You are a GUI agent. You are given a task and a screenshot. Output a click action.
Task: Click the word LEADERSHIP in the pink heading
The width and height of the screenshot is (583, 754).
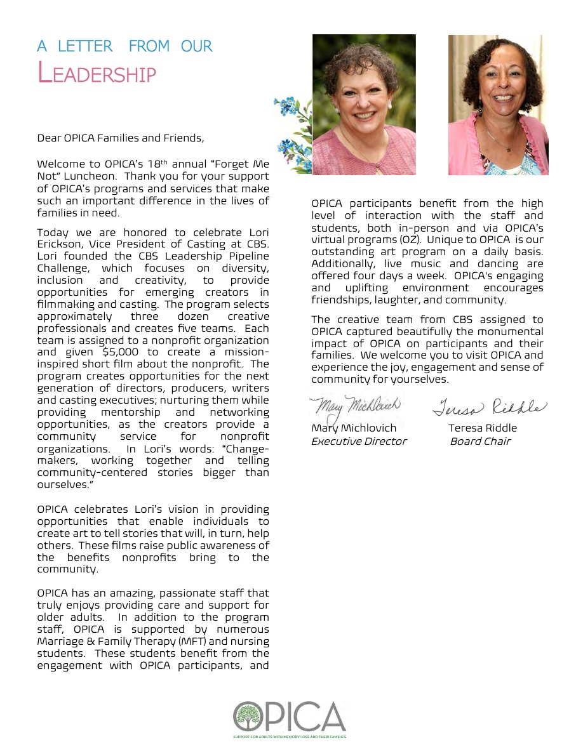pyautogui.click(x=97, y=73)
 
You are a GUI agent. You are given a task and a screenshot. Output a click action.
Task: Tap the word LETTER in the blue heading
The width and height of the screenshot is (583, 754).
pyautogui.click(x=85, y=46)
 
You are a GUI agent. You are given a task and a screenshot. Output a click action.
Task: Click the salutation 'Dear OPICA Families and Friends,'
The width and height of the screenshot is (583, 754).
pyautogui.click(x=121, y=137)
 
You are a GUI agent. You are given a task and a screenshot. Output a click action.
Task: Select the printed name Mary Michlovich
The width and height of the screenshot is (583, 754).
pyautogui.click(x=354, y=428)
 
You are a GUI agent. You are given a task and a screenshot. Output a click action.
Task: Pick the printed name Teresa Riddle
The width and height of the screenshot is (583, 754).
pyautogui.click(x=483, y=428)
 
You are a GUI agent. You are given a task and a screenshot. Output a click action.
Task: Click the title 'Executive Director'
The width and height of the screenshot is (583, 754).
pyautogui.click(x=359, y=441)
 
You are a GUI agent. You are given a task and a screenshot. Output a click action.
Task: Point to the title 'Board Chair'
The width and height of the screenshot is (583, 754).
pyautogui.click(x=480, y=441)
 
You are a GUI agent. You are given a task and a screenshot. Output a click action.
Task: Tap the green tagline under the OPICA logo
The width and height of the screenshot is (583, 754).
pyautogui.click(x=289, y=737)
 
